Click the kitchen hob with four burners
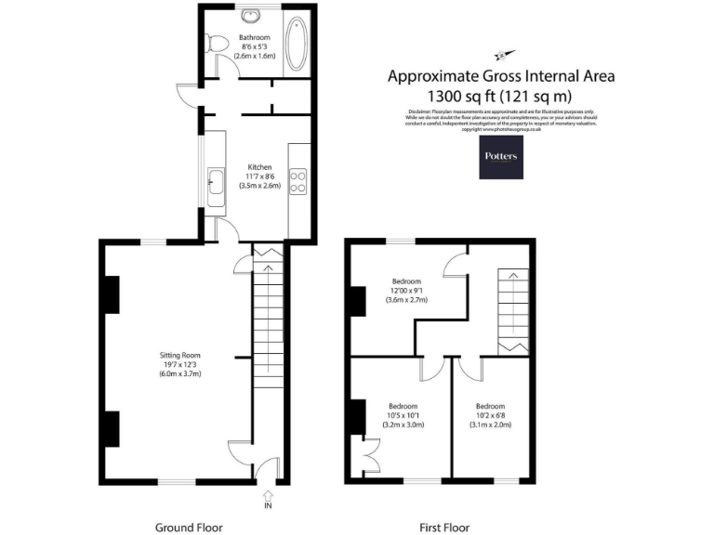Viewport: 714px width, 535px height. point(299,181)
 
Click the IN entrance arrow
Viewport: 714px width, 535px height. point(269,497)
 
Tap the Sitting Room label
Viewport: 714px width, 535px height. point(179,355)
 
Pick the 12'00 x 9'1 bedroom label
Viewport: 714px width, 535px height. point(405,291)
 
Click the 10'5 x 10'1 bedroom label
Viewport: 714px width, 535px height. point(403,415)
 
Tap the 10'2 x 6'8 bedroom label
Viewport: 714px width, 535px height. point(490,415)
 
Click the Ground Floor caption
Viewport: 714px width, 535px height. point(189,527)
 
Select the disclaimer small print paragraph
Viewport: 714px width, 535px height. point(502,120)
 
